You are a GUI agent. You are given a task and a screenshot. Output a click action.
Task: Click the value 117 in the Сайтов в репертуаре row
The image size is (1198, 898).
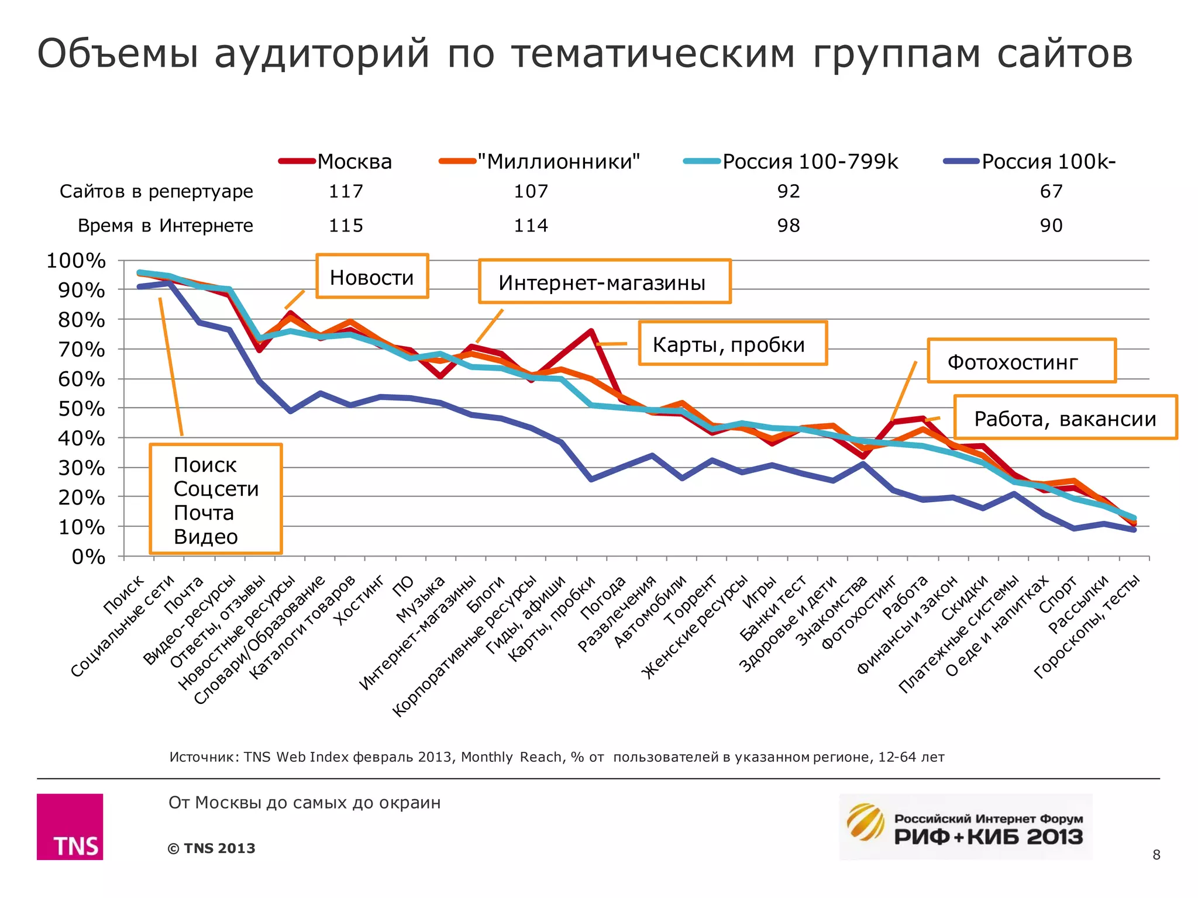pos(346,191)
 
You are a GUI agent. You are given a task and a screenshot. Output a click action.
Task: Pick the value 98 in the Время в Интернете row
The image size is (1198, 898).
pos(788,226)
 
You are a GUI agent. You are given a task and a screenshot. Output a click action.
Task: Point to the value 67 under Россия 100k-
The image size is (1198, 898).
pos(1051,191)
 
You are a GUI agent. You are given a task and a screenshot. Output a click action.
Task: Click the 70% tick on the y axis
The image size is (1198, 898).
pos(81,350)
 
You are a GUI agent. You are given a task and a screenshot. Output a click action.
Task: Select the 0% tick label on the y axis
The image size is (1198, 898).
pos(88,557)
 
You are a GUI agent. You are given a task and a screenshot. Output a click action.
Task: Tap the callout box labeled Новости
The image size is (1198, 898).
pos(372,277)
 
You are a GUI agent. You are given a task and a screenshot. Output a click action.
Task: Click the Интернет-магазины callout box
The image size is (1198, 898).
pos(604,282)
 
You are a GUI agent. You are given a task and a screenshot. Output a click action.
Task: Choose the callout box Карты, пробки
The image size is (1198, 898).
pos(732,344)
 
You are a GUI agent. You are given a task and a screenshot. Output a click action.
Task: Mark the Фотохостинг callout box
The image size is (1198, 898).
pos(1021,361)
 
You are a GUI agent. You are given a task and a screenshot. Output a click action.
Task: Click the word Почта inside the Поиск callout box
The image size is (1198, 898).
pos(204,513)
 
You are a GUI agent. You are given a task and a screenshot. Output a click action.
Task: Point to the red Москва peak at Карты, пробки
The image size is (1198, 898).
pos(591,331)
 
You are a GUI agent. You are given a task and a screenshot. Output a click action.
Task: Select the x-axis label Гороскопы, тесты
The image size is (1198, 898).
pos(1088,626)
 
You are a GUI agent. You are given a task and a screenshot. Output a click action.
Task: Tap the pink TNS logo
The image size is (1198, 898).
pos(70,826)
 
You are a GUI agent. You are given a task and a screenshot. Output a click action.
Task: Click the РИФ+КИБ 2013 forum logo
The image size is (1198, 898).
pos(965,827)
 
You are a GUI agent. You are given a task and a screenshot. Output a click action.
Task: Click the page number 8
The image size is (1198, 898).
pos(1156,855)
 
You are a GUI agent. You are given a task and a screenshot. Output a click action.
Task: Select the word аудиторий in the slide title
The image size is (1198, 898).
pos(322,54)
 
